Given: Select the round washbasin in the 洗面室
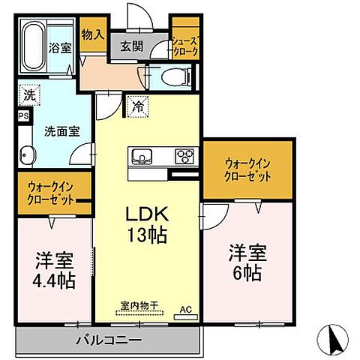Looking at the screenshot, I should click(26, 156).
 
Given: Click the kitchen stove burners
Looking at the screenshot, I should click(184, 157).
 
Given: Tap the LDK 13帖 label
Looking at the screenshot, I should click(145, 223).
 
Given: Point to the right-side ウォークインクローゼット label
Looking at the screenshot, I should click(248, 169).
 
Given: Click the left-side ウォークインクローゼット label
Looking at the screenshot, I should click(51, 194).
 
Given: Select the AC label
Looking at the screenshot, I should click(184, 309).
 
